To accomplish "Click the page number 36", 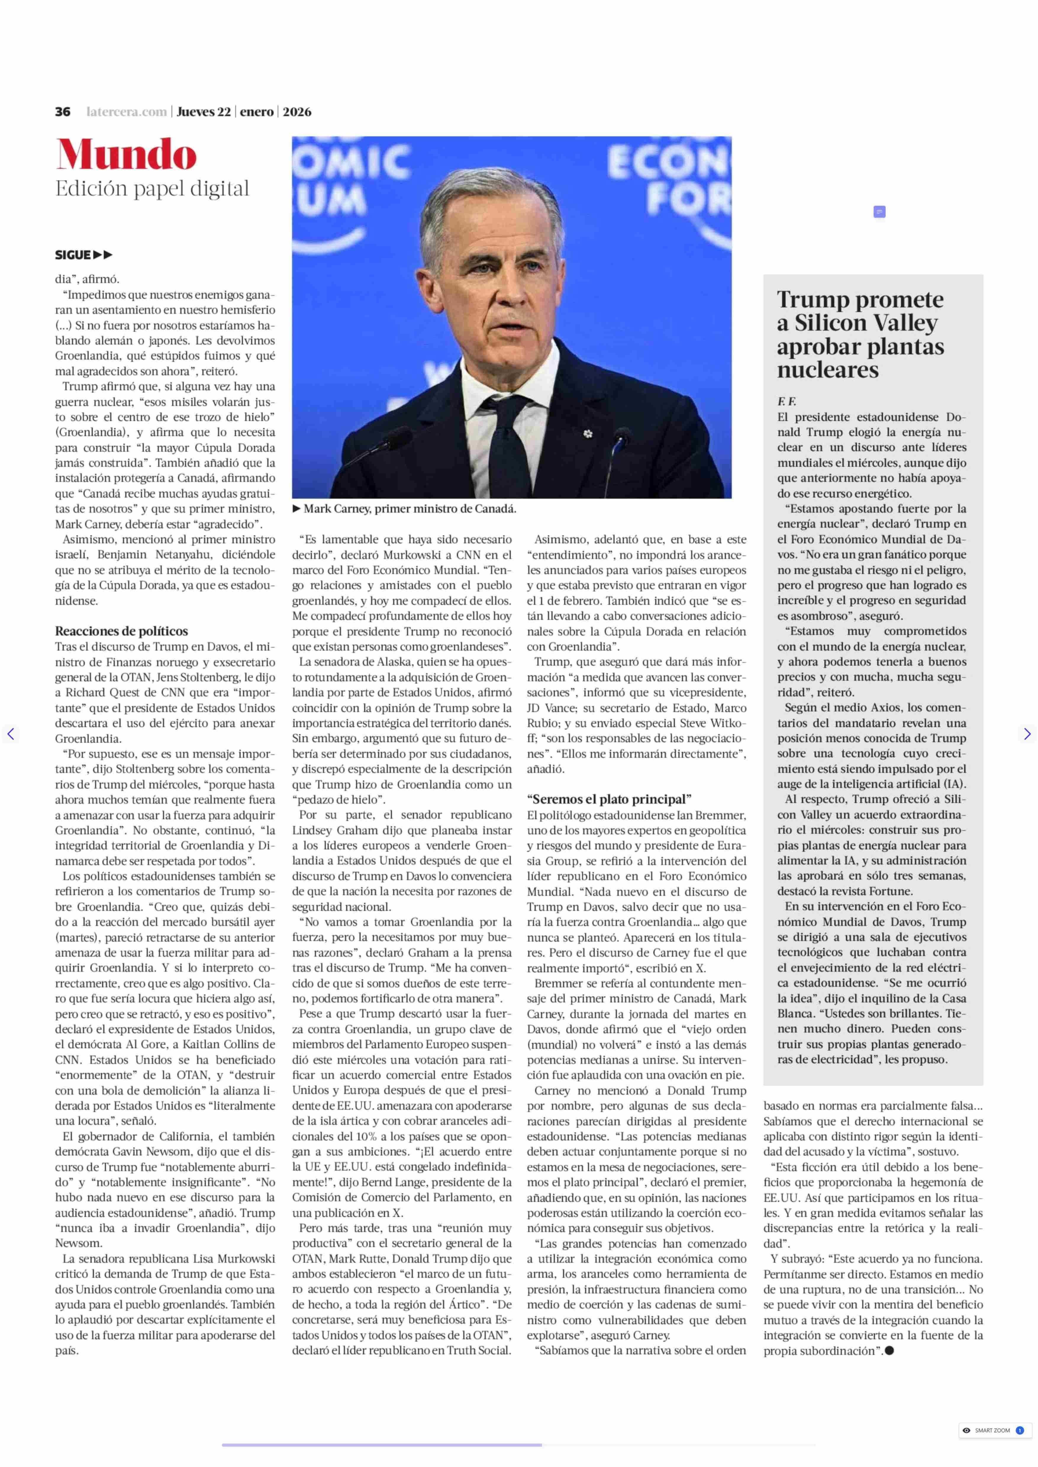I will (63, 112).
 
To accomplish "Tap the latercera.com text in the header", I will (127, 112).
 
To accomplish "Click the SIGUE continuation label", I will (83, 255).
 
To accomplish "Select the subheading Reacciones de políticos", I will (121, 631).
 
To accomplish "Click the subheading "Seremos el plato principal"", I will (609, 799).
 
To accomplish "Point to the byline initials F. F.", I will (786, 402).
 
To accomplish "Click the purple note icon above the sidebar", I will (879, 212).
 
